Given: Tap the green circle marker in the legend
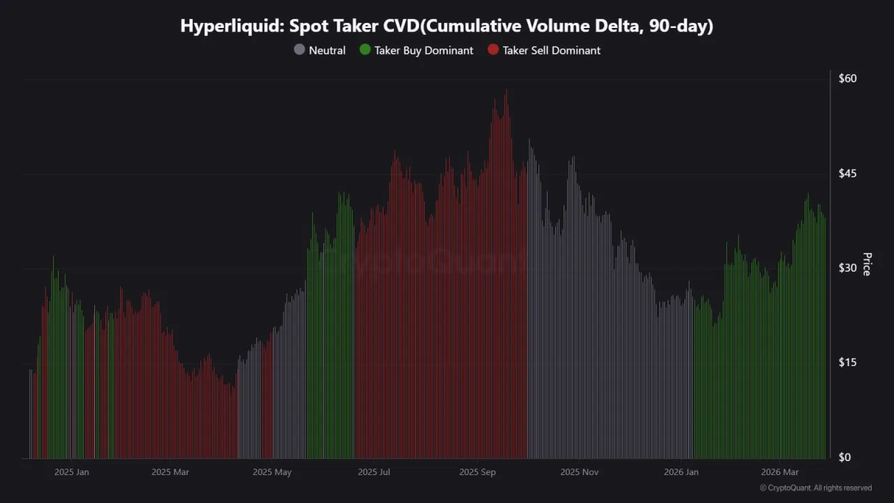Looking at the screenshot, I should tap(365, 50).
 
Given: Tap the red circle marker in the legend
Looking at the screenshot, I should tap(493, 50).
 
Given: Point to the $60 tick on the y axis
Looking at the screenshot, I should tap(847, 78).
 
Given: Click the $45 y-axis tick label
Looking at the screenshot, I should tap(847, 173).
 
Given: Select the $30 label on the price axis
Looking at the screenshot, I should tap(847, 268).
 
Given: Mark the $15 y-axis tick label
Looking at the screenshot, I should tap(847, 363).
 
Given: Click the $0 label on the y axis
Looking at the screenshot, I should tap(844, 458).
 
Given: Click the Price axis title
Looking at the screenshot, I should tap(867, 264).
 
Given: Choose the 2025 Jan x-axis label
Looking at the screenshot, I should tap(71, 472).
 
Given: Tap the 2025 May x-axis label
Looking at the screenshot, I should tap(272, 472).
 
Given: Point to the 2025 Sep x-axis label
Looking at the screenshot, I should tap(477, 472).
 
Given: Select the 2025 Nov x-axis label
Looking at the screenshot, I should tap(580, 472).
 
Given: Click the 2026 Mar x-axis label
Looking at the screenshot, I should tap(779, 472).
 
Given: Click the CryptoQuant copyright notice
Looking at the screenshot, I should tap(815, 488).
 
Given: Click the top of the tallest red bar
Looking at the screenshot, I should tap(506, 91).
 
